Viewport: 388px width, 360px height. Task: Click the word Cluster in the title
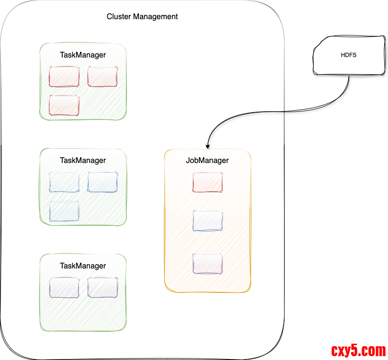(x=118, y=17)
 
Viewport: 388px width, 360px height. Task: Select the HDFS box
(x=349, y=56)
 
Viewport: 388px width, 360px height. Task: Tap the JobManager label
(x=207, y=161)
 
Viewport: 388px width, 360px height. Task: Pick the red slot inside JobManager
(x=207, y=183)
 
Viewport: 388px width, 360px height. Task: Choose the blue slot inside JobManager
(x=207, y=221)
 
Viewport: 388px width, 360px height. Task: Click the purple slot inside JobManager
(x=207, y=264)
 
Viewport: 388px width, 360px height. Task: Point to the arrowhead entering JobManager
(x=207, y=145)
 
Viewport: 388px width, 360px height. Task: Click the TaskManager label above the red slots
(x=83, y=55)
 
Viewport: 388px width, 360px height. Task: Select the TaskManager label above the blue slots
(x=83, y=160)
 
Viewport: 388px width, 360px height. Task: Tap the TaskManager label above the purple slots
(x=83, y=266)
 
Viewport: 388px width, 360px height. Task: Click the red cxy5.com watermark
(x=358, y=350)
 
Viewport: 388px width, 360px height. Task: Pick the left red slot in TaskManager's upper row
(x=64, y=77)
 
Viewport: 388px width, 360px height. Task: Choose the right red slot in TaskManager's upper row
(x=103, y=77)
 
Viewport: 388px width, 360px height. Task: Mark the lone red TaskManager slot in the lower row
(x=64, y=105)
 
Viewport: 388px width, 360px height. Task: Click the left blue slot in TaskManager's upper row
(x=64, y=182)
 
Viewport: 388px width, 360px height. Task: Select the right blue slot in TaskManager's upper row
(x=103, y=182)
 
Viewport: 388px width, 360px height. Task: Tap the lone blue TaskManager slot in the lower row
(x=64, y=211)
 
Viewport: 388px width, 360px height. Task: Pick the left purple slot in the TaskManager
(x=64, y=287)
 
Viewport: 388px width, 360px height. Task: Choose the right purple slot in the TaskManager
(x=103, y=287)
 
